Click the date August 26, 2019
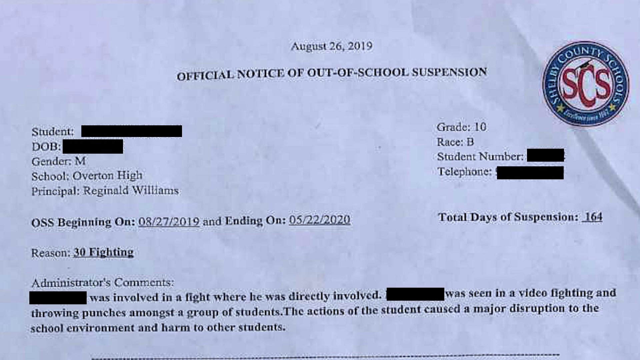coord(332,46)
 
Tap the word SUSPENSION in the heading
coord(449,72)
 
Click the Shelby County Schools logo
coord(586,83)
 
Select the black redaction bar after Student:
coord(131,131)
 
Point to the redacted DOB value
coord(93,147)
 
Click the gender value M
coord(80,161)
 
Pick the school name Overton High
coord(107,176)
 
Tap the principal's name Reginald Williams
coord(131,191)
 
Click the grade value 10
coord(480,127)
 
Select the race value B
coord(470,142)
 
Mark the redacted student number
coord(545,156)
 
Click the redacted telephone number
coord(530,173)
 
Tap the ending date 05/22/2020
coord(320,220)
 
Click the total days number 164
coord(594,217)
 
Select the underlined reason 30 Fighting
coord(103,252)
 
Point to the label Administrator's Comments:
coord(103,283)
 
